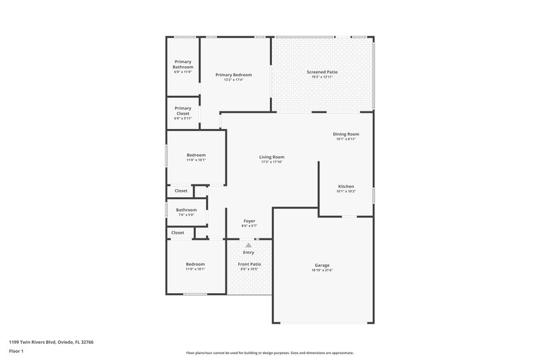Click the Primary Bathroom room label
tap(183, 64)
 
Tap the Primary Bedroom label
tap(234, 74)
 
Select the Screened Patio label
tap(322, 72)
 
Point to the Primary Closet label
tap(183, 111)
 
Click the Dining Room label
tap(346, 134)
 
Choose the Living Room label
tap(271, 157)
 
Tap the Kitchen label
tap(346, 186)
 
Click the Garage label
tap(322, 265)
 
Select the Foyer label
tap(249, 221)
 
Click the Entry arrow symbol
tap(248, 245)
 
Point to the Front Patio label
tap(250, 264)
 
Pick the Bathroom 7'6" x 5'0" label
tap(186, 210)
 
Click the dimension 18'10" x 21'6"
tap(322, 270)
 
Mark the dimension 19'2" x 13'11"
tap(322, 77)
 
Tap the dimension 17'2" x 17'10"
tap(271, 162)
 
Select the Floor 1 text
tap(17, 352)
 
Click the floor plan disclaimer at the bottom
tap(270, 353)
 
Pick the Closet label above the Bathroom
tap(181, 191)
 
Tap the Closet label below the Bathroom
tap(178, 233)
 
